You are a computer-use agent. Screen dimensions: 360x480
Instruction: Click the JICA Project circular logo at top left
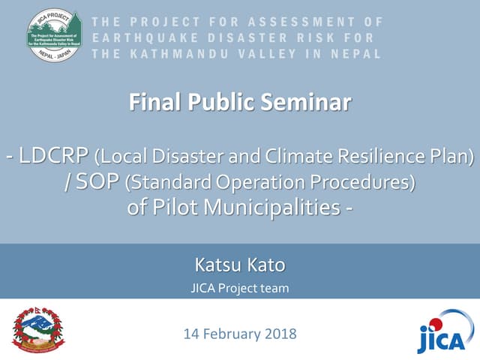click(54, 36)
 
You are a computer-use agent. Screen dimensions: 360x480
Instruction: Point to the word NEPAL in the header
click(356, 53)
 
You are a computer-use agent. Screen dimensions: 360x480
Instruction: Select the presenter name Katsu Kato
click(239, 265)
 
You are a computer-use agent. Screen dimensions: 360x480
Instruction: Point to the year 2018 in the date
click(280, 334)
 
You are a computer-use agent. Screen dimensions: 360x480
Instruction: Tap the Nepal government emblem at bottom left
click(39, 329)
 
